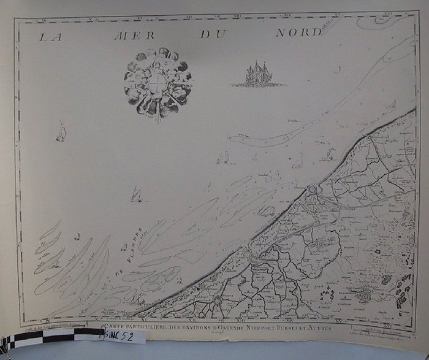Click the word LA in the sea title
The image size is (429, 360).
(x=52, y=36)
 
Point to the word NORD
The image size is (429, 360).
(x=298, y=33)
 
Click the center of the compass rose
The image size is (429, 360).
(x=158, y=82)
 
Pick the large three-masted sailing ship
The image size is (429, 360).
(x=257, y=75)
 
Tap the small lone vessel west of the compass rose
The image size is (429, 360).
(x=61, y=131)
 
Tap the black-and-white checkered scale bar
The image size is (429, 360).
(x=52, y=337)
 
